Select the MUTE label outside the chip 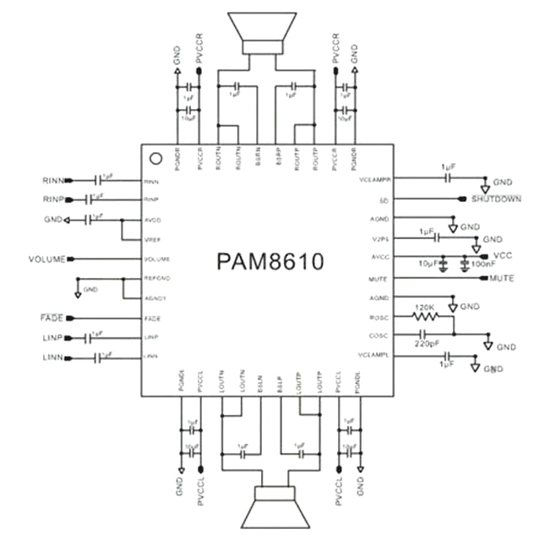click(502, 278)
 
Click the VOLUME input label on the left click(46, 259)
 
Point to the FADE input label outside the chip click(52, 318)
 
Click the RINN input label click(53, 180)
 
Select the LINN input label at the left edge click(53, 358)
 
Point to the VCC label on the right click(504, 255)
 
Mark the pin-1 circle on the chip click(155, 158)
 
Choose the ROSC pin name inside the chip click(378, 318)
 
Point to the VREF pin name click(152, 240)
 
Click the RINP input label click(53, 199)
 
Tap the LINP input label click(53, 338)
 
